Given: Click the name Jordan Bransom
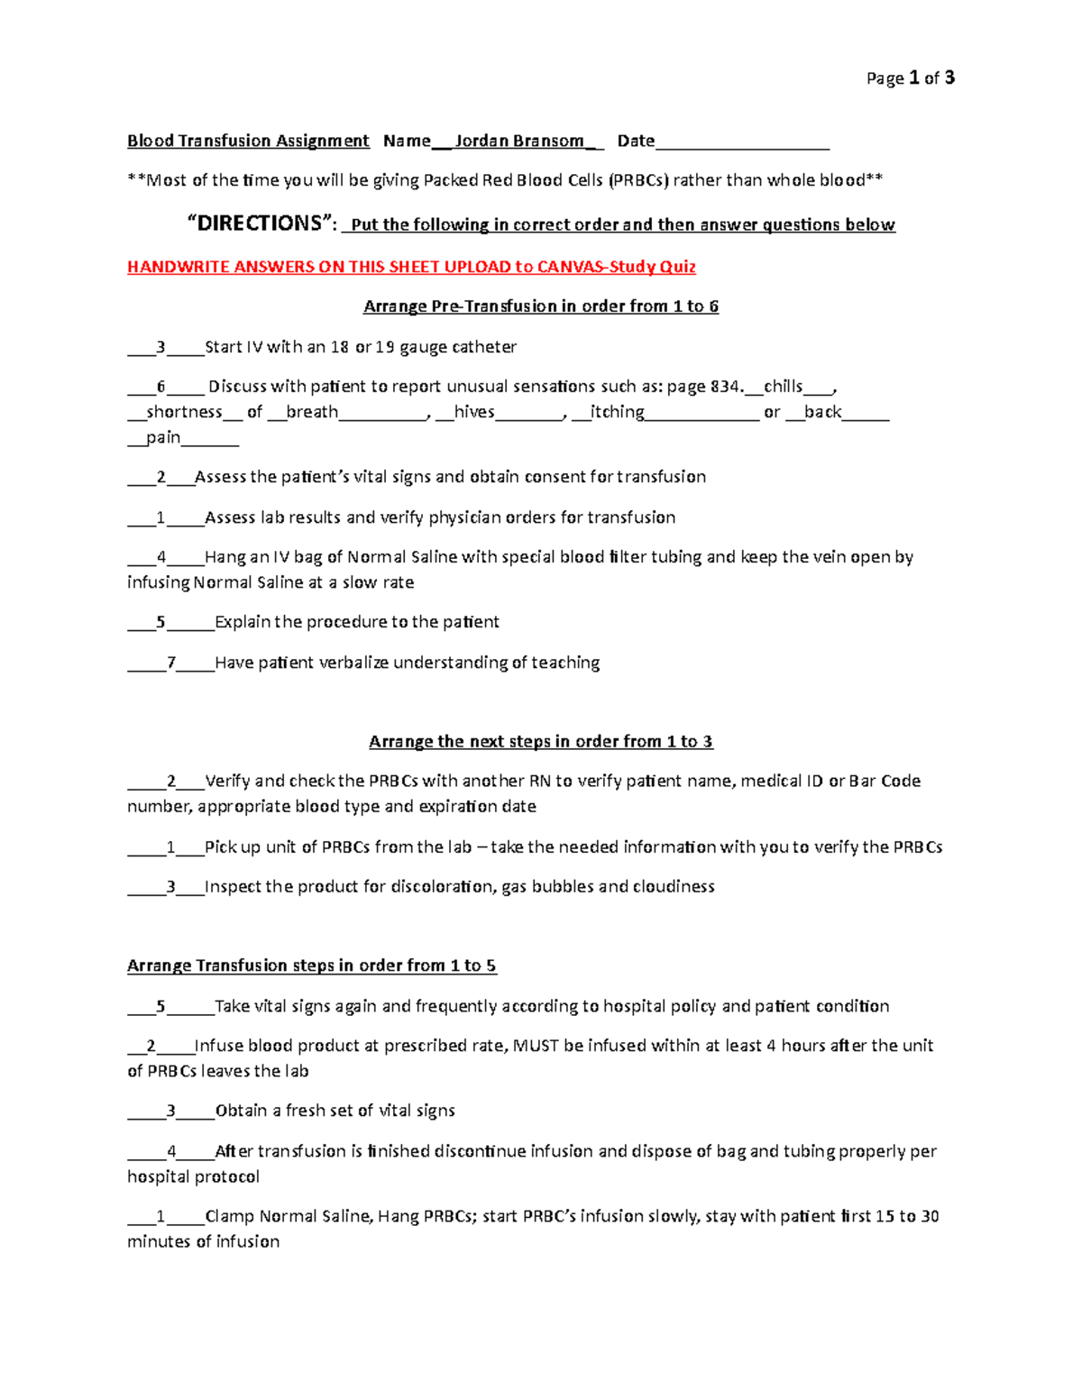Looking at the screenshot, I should tap(518, 141).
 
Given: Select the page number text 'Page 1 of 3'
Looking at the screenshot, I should tap(910, 78).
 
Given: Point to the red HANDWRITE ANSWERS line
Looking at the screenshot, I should tap(411, 267).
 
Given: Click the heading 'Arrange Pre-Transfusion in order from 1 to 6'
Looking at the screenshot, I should tap(541, 307).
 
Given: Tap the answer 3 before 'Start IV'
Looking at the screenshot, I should tap(161, 347).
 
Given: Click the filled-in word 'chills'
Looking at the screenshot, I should tap(783, 387).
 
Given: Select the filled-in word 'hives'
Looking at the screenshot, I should tap(474, 412).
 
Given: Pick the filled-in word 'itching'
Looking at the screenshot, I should tap(617, 412).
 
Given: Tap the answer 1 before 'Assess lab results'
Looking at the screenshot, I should tap(161, 517).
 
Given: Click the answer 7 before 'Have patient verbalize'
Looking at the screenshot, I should tap(171, 663).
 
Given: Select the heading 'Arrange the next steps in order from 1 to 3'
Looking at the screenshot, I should tap(541, 742).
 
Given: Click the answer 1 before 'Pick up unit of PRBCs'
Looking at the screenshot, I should tap(171, 847).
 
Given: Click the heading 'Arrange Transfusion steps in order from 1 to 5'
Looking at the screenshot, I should tap(311, 966).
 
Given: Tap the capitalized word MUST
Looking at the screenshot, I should tap(536, 1046).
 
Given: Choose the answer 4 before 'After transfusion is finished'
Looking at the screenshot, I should tap(171, 1151).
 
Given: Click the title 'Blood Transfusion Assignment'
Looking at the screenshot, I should tap(248, 141).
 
